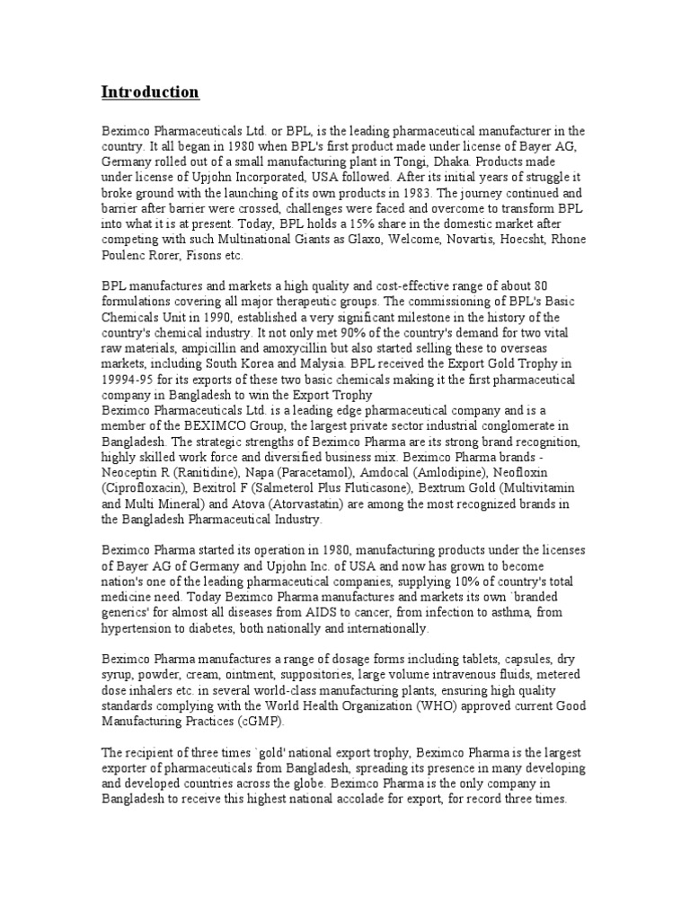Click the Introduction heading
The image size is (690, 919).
coord(150,92)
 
